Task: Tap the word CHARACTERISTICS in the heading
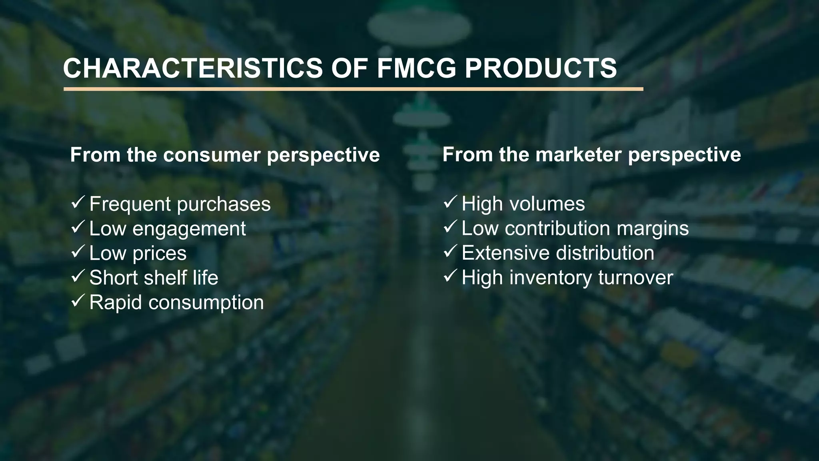[x=193, y=68]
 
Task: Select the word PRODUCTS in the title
[x=541, y=68]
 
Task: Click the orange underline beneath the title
[x=353, y=89]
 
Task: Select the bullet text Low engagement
[x=167, y=229]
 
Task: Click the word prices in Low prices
[x=159, y=254]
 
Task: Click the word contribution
[x=557, y=228]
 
